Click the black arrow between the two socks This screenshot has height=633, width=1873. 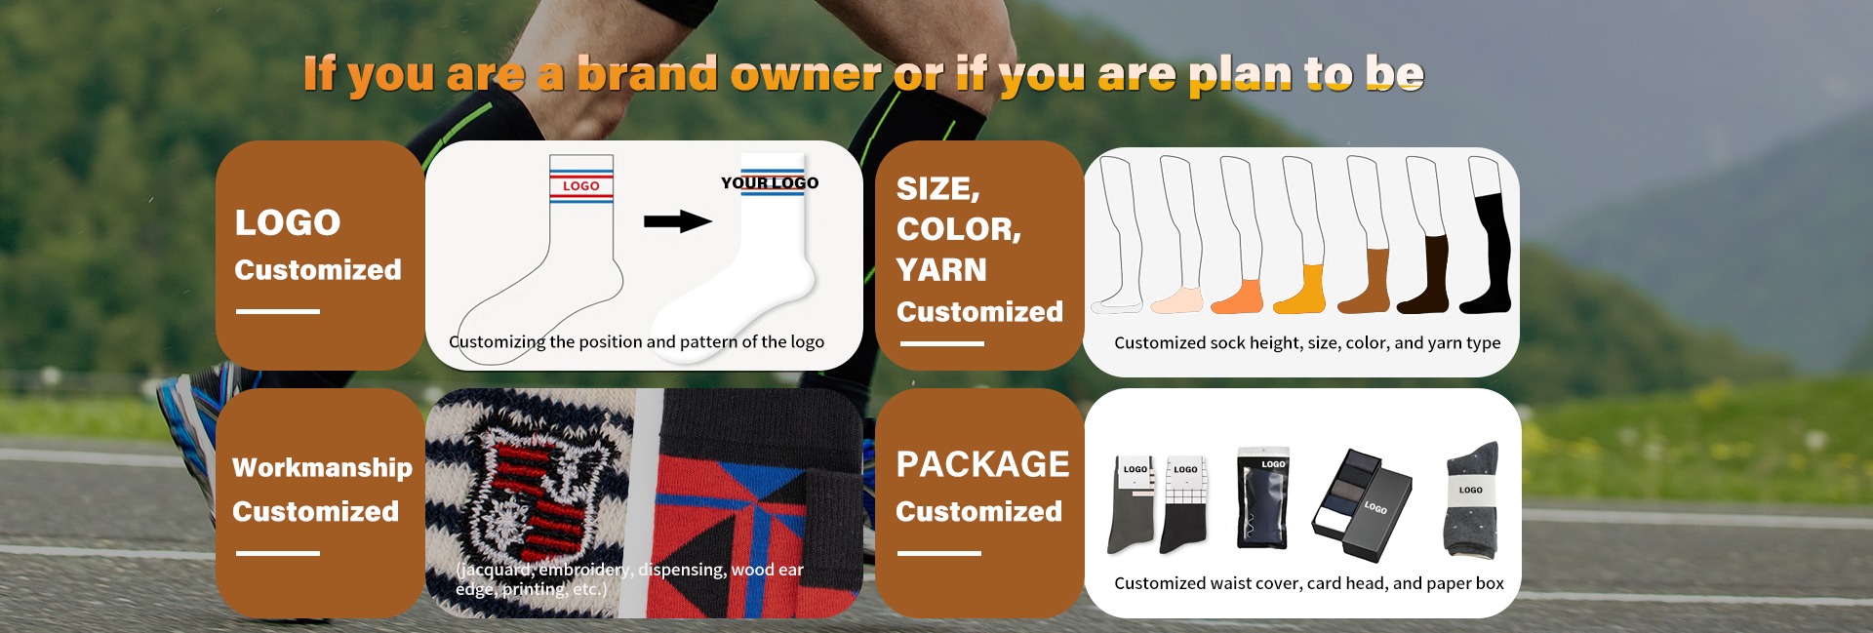677,221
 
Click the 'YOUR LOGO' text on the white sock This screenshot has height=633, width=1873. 770,182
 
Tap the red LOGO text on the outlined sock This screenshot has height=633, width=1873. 581,185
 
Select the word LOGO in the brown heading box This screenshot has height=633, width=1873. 288,222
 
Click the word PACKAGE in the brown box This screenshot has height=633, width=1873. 982,464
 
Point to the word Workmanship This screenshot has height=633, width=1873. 322,468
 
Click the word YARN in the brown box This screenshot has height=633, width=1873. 941,269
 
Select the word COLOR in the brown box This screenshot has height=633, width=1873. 955,229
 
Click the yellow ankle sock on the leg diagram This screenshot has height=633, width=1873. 1301,291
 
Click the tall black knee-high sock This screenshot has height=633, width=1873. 1488,254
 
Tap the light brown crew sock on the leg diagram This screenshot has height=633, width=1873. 1365,282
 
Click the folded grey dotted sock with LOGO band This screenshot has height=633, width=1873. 1470,499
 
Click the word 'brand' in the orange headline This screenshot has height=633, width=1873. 648,74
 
